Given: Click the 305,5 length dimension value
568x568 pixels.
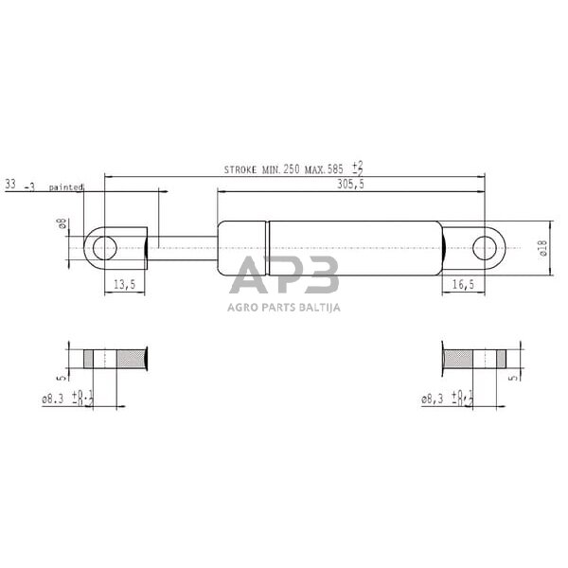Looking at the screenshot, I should click(350, 186).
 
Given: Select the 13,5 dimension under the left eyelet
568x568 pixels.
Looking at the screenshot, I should click(125, 284).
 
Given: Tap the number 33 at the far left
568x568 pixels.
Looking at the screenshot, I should click(11, 186).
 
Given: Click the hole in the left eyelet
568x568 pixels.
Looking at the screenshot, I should click(105, 249).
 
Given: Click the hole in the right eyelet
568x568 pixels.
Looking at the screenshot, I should click(485, 249).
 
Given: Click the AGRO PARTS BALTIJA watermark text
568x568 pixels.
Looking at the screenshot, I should click(284, 306).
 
